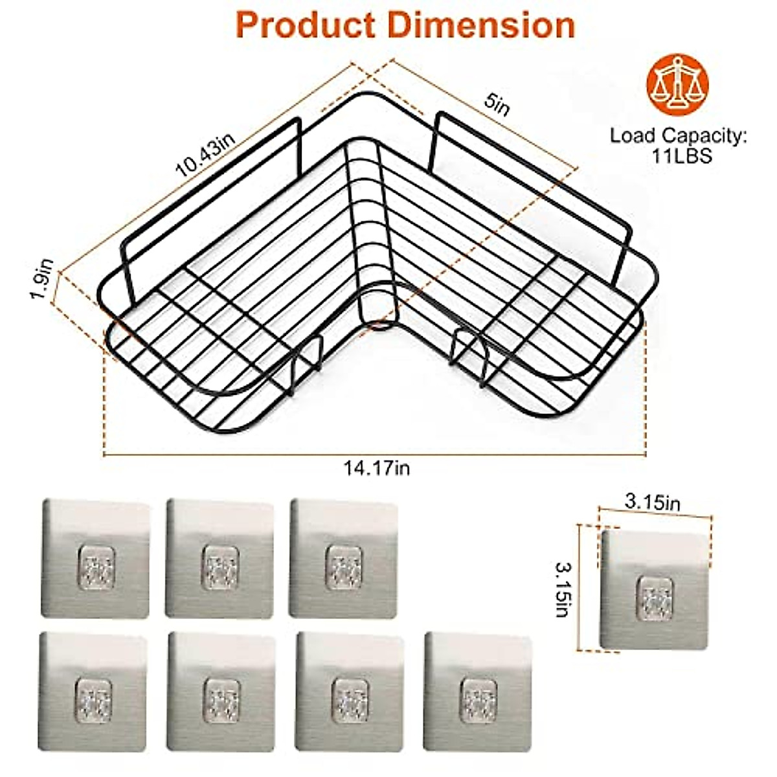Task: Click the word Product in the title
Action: click(304, 25)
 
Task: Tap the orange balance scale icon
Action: click(677, 84)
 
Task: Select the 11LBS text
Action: click(677, 156)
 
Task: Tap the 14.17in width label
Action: click(377, 467)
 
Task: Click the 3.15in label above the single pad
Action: click(652, 502)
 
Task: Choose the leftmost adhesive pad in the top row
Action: click(96, 558)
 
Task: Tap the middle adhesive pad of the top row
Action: click(220, 558)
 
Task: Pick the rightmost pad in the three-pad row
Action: click(343, 558)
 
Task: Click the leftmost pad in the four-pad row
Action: click(94, 692)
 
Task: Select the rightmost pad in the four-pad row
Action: click(478, 692)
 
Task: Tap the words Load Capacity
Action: click(677, 136)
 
